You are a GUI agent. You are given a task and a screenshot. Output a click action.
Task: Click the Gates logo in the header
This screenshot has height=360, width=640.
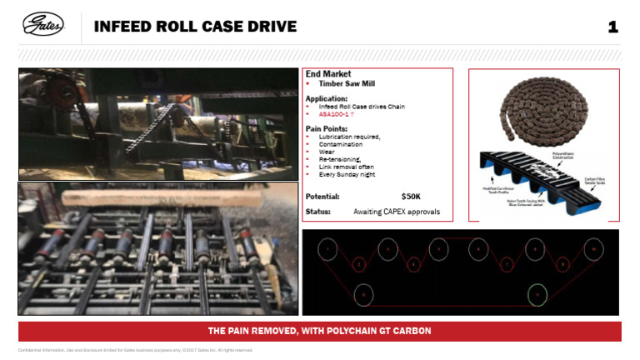pyautogui.click(x=42, y=27)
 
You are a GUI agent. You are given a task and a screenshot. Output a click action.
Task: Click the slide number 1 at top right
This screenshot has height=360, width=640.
pyautogui.click(x=612, y=27)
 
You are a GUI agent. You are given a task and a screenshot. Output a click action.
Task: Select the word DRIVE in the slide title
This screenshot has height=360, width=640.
pyautogui.click(x=269, y=27)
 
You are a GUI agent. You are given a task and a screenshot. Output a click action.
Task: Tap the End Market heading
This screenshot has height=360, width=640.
pyautogui.click(x=328, y=74)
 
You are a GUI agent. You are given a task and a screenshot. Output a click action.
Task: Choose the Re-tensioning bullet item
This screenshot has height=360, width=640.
pyautogui.click(x=339, y=159)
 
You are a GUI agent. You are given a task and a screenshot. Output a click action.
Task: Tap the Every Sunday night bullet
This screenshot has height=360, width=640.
pyautogui.click(x=347, y=174)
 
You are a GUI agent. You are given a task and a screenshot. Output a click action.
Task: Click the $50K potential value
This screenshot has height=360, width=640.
pyautogui.click(x=411, y=197)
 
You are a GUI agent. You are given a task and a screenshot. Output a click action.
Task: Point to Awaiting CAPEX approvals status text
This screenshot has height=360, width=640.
pyautogui.click(x=396, y=212)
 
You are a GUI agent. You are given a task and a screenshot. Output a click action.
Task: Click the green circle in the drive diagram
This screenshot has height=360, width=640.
pyautogui.click(x=538, y=293)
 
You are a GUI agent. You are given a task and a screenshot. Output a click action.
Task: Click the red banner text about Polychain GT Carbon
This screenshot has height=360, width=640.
pyautogui.click(x=319, y=331)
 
